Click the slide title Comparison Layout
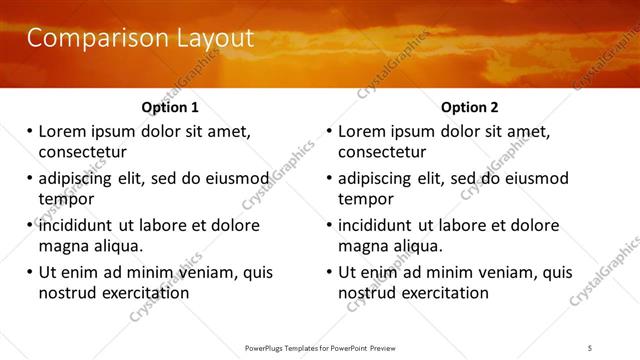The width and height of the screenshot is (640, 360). click(139, 39)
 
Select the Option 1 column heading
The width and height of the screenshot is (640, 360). click(170, 107)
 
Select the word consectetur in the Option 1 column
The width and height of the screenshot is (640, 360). click(82, 152)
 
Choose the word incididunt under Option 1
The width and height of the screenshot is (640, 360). click(78, 225)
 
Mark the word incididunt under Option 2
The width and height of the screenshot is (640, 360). click(378, 225)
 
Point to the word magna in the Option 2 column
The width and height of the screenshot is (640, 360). click(363, 246)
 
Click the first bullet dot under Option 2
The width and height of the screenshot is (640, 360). click(329, 132)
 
